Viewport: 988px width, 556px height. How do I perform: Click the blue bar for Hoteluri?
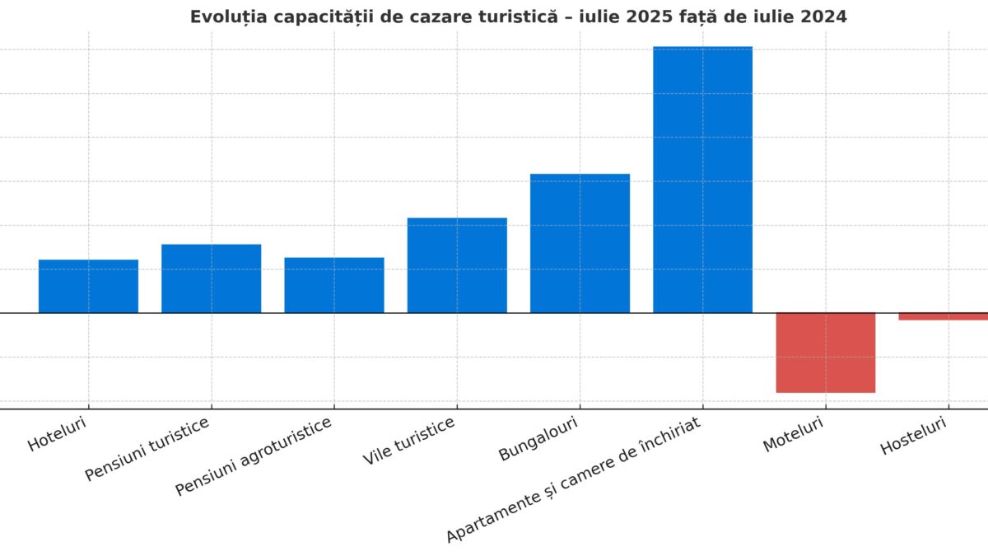pos(88,286)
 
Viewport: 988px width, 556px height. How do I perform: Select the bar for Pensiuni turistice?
pos(211,278)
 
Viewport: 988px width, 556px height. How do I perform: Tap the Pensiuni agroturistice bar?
pos(334,285)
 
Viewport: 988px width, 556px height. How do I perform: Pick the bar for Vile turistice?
pos(457,265)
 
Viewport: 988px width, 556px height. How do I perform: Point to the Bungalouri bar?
pos(580,243)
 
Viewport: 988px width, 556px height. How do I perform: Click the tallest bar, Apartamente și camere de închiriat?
pos(702,180)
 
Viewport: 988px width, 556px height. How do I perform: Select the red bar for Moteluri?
pos(825,353)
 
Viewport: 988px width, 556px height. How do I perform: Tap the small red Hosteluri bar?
pos(944,316)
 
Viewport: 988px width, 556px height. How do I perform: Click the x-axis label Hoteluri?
pos(57,434)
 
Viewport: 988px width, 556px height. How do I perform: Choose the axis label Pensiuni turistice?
pos(147,449)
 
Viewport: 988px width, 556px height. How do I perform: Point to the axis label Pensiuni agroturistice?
pos(254,456)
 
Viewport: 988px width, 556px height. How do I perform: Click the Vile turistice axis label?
pos(408,442)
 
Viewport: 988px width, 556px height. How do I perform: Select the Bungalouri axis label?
pos(538,438)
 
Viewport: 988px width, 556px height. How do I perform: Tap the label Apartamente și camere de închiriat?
pos(573,480)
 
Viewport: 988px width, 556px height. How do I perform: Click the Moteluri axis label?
pos(793,433)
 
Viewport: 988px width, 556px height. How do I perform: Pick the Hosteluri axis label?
pos(913,436)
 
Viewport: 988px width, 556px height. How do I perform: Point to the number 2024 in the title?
pos(818,16)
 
